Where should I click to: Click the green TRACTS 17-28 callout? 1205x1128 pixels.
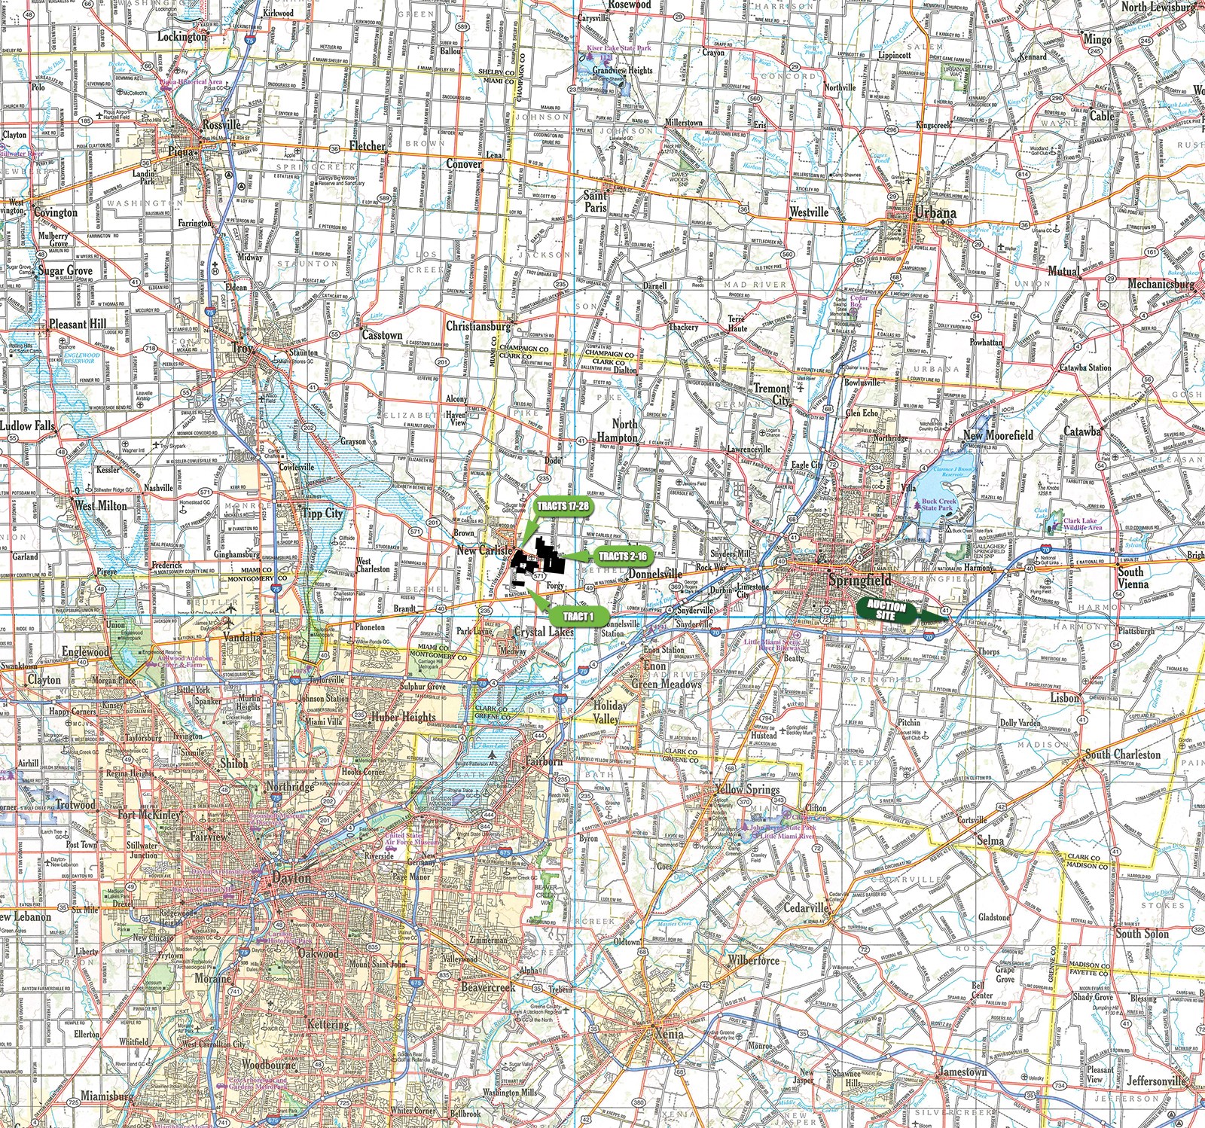click(x=562, y=506)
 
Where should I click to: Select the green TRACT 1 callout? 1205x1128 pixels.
click(x=578, y=616)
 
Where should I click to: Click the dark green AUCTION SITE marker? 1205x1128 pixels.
click(x=886, y=610)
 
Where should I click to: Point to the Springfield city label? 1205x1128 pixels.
click(x=859, y=580)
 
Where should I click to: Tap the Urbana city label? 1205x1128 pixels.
click(x=935, y=213)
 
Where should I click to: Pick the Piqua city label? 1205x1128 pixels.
click(x=182, y=151)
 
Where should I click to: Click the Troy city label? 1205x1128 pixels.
click(x=243, y=349)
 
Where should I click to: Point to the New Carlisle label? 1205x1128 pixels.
click(x=484, y=551)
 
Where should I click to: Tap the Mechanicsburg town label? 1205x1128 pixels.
click(x=1161, y=285)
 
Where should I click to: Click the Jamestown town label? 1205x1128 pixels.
click(x=962, y=1072)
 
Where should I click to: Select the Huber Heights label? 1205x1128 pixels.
click(x=403, y=717)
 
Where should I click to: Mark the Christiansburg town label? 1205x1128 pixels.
click(x=478, y=327)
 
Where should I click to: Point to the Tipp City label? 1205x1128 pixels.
click(x=322, y=514)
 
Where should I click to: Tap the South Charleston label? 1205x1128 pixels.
click(x=1122, y=755)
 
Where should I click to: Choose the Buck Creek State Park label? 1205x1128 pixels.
click(x=938, y=505)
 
